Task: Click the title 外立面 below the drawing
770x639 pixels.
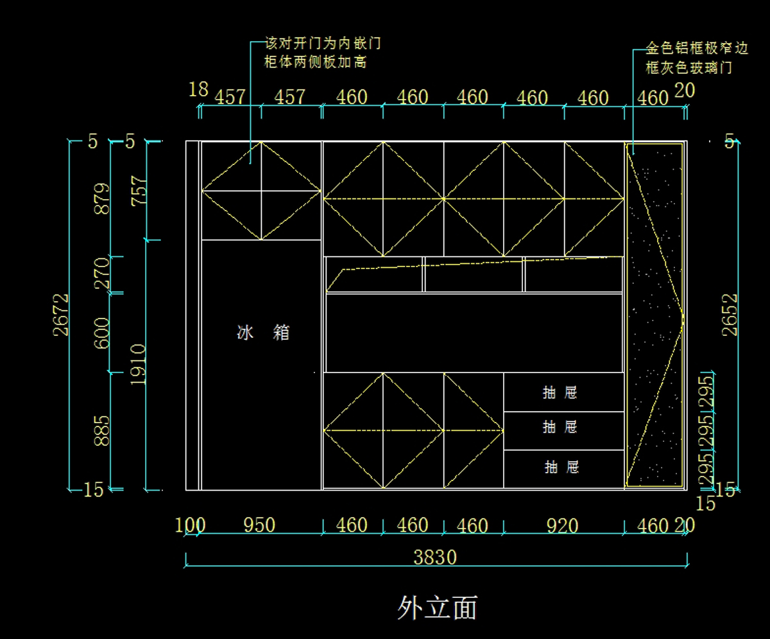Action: pos(437,607)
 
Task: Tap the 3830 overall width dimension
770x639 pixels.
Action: pos(435,557)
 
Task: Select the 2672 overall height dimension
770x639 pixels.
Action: pos(62,315)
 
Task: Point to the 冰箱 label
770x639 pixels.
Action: pos(263,333)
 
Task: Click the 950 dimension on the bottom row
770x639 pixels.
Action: pos(259,525)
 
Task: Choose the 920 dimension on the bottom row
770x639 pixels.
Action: pos(562,526)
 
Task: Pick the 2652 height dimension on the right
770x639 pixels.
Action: pos(730,315)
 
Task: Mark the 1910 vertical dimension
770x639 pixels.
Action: pos(139,364)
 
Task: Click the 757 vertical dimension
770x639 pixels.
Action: pos(139,191)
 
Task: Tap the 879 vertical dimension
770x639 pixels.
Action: pos(101,198)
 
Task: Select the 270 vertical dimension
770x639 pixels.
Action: pos(101,275)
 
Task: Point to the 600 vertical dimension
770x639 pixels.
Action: pos(101,333)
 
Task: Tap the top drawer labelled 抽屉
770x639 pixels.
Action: pos(560,392)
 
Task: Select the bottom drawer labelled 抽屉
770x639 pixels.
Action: pos(562,467)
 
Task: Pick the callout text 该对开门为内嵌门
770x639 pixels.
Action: pos(323,44)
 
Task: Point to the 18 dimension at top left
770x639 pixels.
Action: pos(198,90)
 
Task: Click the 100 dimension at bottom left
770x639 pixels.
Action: pos(190,525)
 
